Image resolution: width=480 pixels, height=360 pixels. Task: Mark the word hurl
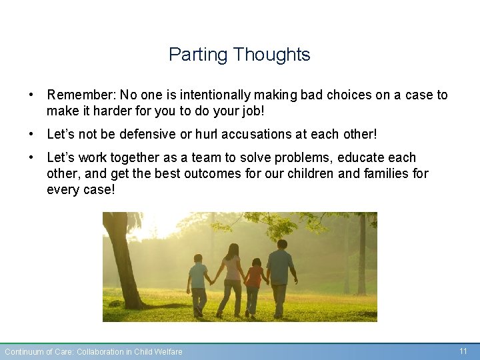(x=207, y=135)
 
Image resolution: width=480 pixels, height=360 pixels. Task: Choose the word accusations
(x=257, y=135)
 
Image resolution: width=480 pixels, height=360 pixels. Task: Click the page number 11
(x=463, y=351)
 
